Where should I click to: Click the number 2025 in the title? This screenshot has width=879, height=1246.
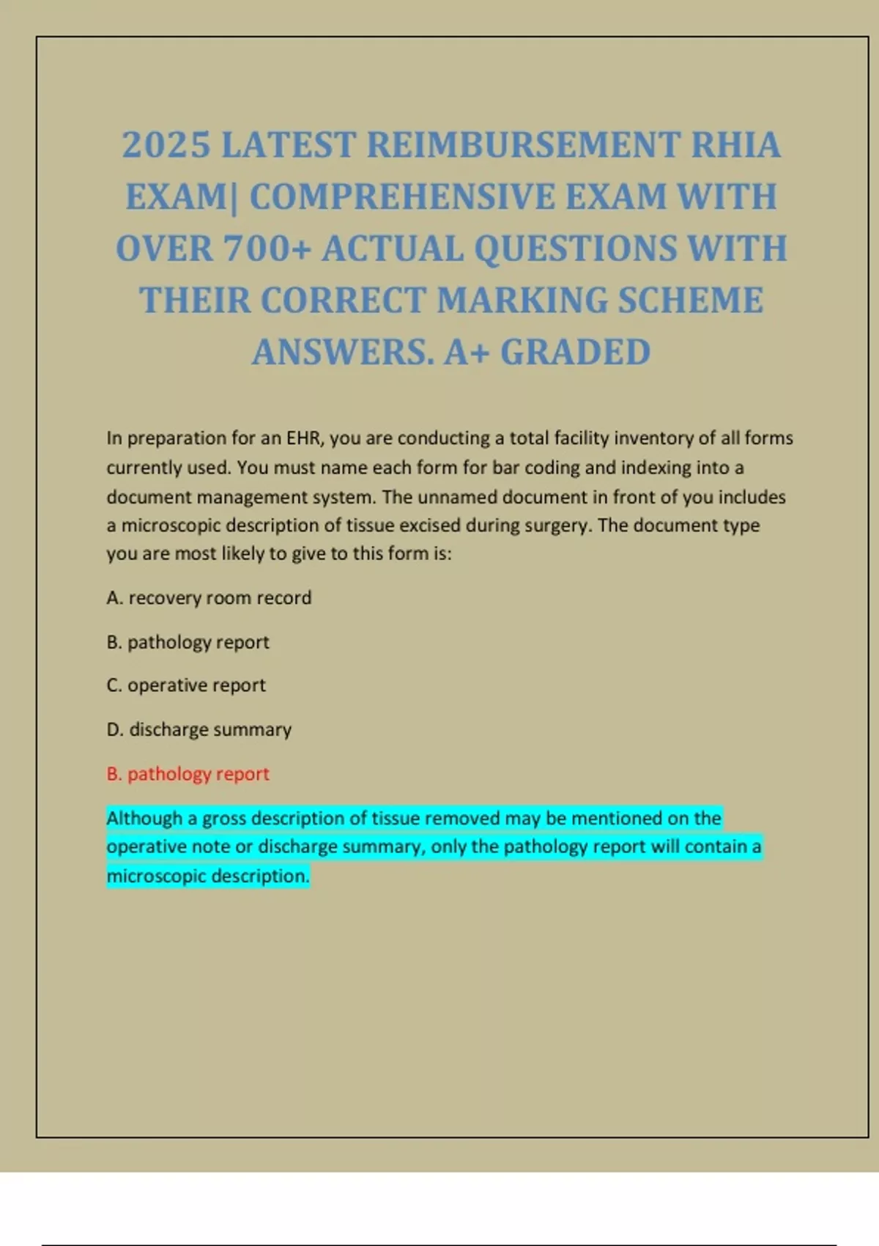point(166,145)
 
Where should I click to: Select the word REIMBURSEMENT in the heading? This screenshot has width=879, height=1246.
point(523,145)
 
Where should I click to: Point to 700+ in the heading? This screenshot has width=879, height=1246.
point(268,249)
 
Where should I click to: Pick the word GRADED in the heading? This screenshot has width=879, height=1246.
point(575,353)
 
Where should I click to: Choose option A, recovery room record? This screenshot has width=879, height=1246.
point(209,598)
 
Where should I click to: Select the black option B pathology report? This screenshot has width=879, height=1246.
point(188,642)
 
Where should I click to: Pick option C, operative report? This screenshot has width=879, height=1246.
point(186,685)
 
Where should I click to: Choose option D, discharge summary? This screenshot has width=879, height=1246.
point(199,729)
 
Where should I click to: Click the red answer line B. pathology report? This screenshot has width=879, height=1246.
point(188,774)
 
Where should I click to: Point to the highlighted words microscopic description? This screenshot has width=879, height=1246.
point(207,876)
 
